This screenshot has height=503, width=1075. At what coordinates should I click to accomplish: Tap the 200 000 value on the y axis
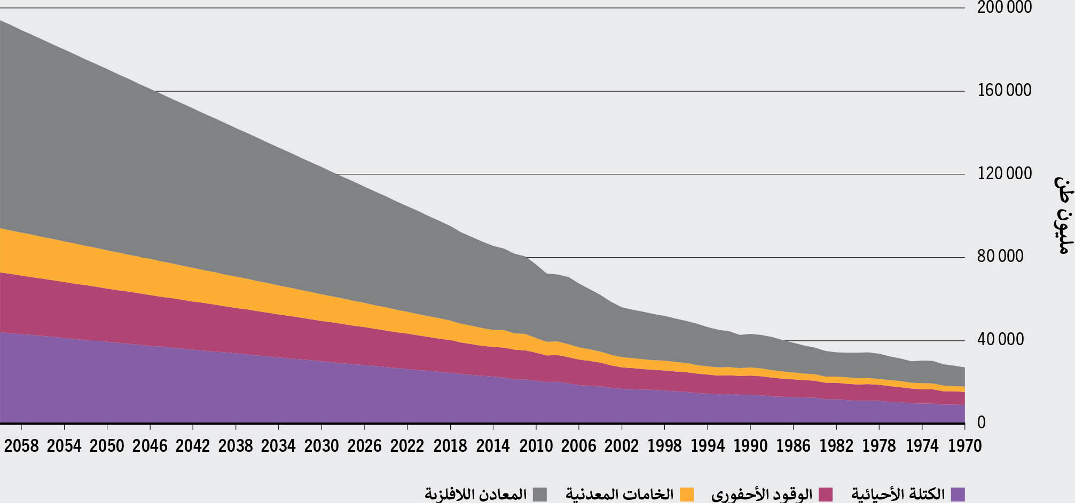click(1004, 7)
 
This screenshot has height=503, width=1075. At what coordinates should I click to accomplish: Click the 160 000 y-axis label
click(1004, 91)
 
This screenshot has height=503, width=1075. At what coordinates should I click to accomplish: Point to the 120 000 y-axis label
click(1004, 174)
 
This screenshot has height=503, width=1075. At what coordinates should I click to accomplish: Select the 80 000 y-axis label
click(1000, 257)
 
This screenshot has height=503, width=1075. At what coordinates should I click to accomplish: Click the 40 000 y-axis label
click(1000, 340)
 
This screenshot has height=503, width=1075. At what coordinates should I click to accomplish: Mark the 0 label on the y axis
click(981, 423)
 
